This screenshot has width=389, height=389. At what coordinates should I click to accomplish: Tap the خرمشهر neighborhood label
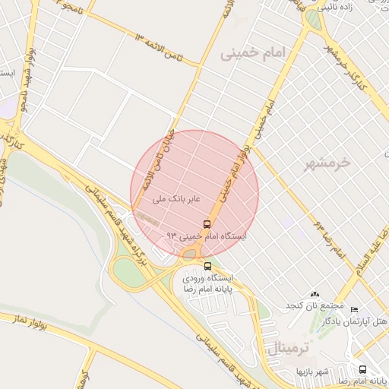(x=329, y=162)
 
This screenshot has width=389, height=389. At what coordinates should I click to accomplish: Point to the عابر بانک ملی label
(x=176, y=199)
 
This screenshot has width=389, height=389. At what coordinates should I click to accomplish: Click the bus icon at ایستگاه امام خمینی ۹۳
(x=207, y=224)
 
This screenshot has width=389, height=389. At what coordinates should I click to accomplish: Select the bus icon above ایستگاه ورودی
(x=207, y=266)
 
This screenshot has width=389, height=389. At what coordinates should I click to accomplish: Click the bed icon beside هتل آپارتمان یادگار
(x=354, y=309)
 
